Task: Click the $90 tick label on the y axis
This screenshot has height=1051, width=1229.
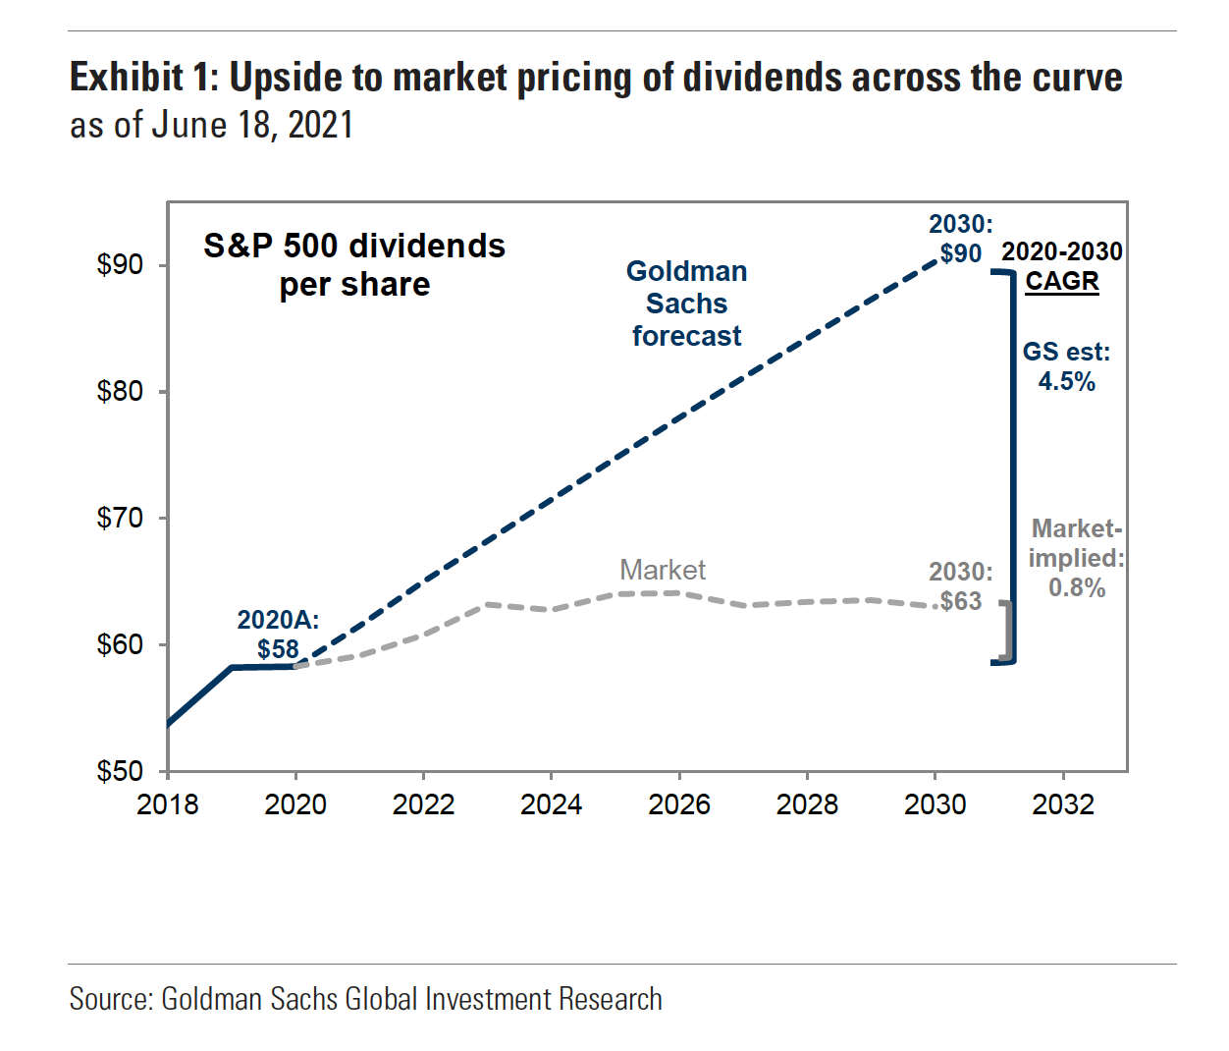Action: click(120, 264)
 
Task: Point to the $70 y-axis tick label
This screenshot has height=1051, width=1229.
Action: click(120, 518)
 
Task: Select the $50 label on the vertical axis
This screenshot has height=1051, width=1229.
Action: click(120, 771)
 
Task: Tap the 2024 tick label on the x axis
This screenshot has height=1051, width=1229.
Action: click(551, 804)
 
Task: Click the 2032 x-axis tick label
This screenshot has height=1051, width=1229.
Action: click(1063, 804)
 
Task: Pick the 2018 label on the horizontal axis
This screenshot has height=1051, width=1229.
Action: click(168, 804)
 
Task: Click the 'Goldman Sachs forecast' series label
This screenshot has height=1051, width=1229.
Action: click(687, 304)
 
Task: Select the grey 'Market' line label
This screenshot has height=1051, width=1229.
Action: click(663, 570)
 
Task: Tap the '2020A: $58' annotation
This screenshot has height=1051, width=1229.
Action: click(279, 635)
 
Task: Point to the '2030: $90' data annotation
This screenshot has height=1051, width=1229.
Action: click(960, 239)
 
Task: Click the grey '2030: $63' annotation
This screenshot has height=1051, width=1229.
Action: click(960, 586)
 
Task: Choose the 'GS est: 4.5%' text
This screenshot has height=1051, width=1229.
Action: click(1067, 366)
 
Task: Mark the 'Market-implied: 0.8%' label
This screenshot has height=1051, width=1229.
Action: click(1077, 558)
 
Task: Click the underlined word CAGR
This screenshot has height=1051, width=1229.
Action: click(1062, 281)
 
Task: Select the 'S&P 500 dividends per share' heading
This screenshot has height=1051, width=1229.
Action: click(354, 264)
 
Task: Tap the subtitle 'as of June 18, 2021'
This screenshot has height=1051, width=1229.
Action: click(211, 126)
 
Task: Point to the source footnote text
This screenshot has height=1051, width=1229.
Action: click(365, 999)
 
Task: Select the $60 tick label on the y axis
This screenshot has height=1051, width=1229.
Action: click(120, 644)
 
